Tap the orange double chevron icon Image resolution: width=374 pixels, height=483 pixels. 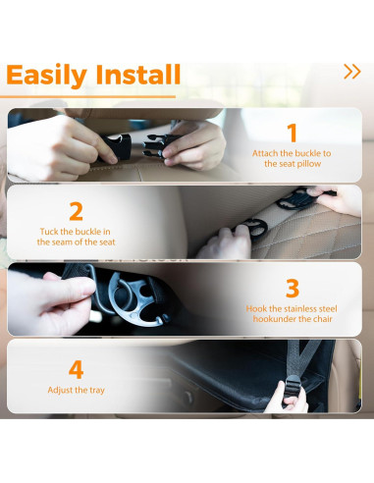click(351, 71)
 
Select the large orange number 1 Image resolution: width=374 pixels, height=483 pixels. click(292, 133)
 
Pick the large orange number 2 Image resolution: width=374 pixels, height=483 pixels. click(76, 211)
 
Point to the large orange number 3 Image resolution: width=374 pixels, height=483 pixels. click(292, 288)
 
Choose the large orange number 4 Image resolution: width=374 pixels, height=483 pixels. click(76, 369)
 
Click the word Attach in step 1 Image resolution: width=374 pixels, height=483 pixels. click(265, 153)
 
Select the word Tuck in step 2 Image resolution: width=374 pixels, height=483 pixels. click(50, 231)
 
